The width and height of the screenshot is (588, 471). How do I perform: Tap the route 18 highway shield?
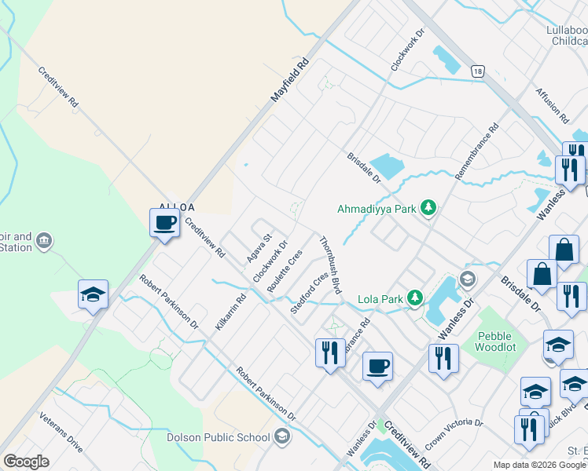pyautogui.click(x=478, y=71)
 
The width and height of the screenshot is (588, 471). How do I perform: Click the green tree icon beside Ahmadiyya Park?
pyautogui.click(x=428, y=208)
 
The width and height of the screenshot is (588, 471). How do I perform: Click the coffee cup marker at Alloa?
pyautogui.click(x=164, y=222)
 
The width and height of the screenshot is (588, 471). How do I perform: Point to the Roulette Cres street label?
pyautogui.click(x=285, y=272)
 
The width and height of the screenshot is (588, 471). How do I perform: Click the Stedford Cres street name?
pyautogui.click(x=309, y=293)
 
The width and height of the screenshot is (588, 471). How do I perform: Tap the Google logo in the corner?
pyautogui.click(x=26, y=462)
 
